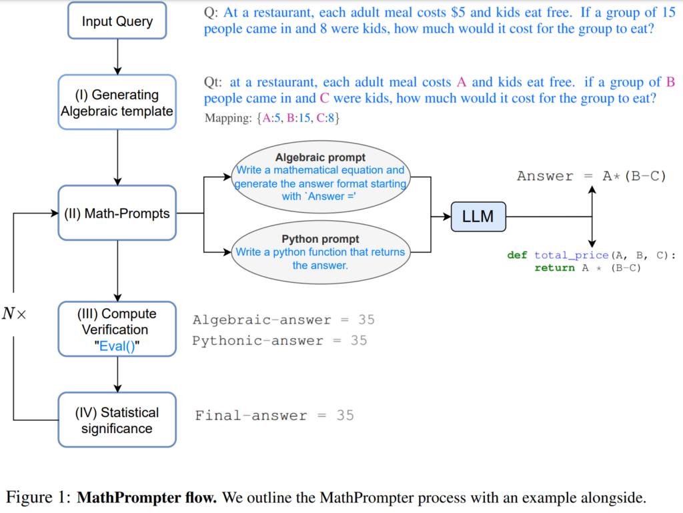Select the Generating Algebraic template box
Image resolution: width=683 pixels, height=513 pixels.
[117, 103]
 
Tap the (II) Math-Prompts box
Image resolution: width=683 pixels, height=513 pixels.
[117, 214]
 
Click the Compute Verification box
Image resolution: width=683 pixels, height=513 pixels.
[117, 329]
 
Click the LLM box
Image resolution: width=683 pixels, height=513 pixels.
[478, 216]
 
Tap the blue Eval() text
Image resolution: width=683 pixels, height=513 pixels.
[117, 346]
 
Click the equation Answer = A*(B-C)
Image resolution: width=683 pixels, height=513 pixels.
[591, 176]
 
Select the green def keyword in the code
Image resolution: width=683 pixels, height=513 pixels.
[518, 255]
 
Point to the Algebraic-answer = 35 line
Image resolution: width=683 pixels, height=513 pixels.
[283, 320]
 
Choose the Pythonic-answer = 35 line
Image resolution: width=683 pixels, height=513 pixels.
[279, 341]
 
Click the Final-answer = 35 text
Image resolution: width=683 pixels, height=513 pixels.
[274, 416]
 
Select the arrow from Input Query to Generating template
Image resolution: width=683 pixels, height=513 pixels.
[118, 56]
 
